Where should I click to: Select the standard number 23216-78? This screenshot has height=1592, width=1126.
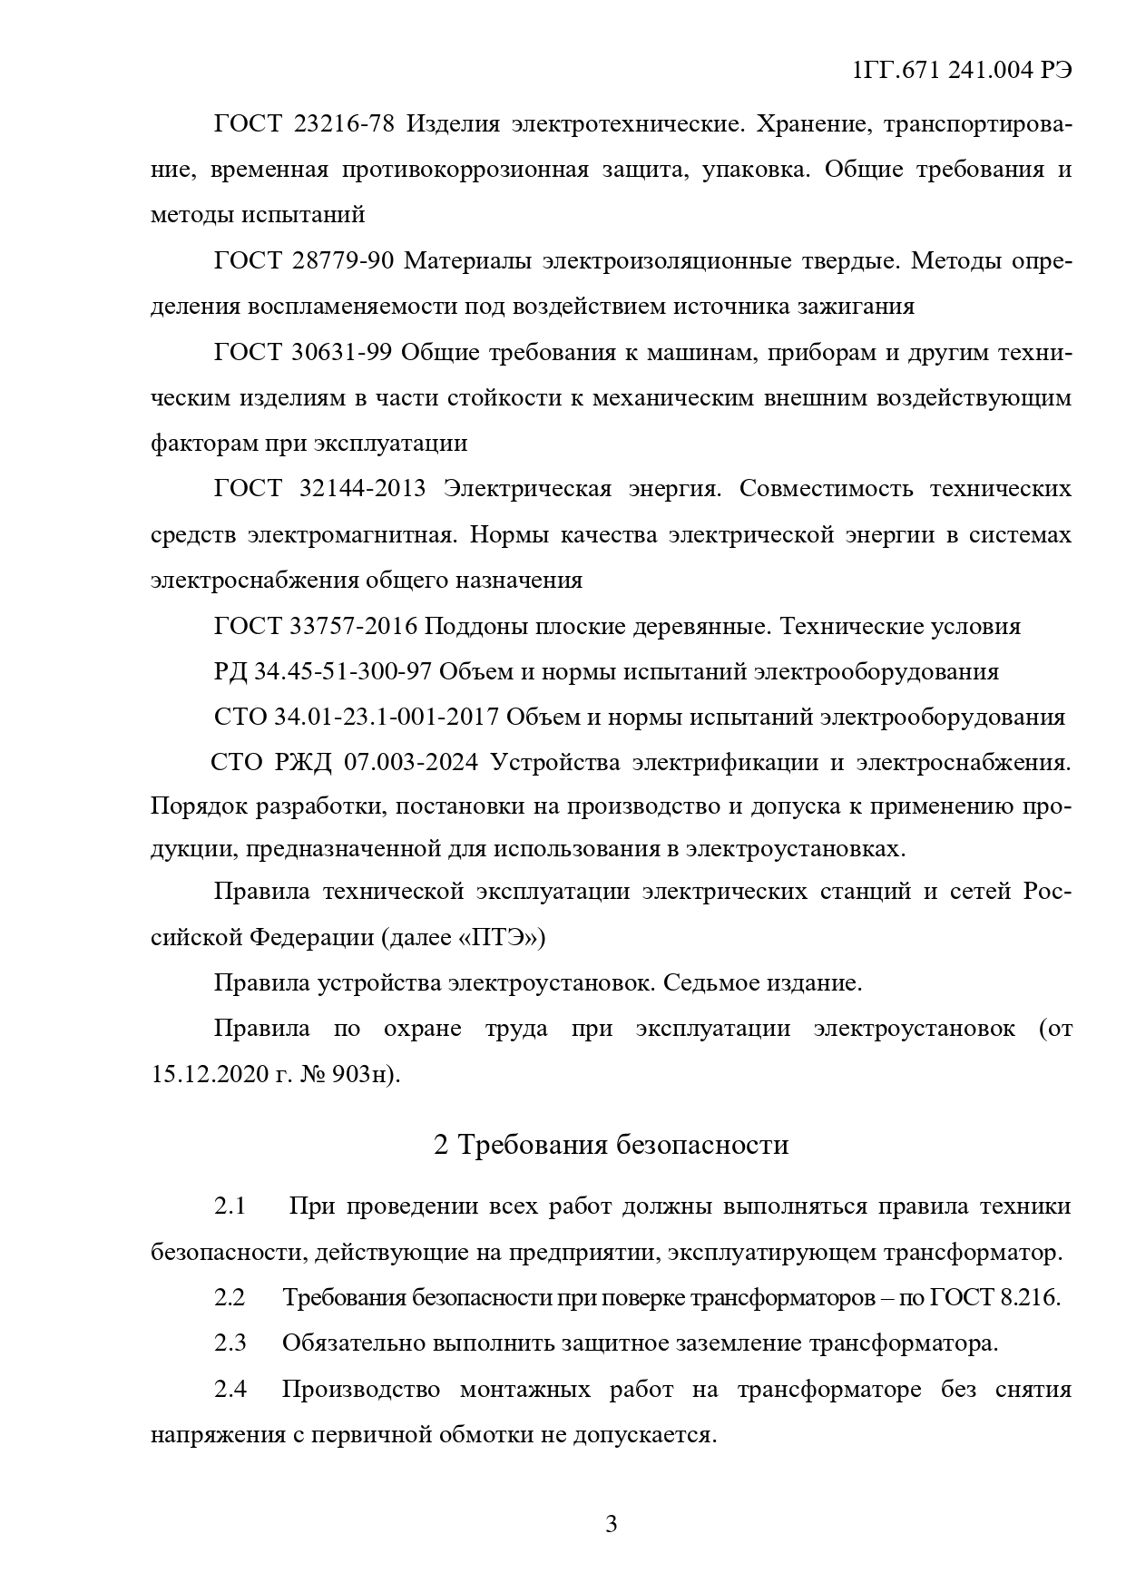click(x=345, y=124)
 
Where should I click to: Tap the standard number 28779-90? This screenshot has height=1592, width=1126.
click(x=344, y=262)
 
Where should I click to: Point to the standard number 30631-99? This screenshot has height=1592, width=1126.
click(x=342, y=353)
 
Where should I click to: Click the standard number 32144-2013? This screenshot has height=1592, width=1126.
click(x=361, y=489)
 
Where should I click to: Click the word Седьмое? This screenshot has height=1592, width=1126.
click(x=706, y=982)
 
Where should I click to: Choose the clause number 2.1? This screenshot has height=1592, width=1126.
click(x=230, y=1206)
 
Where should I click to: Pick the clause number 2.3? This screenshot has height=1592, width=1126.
click(x=230, y=1343)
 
